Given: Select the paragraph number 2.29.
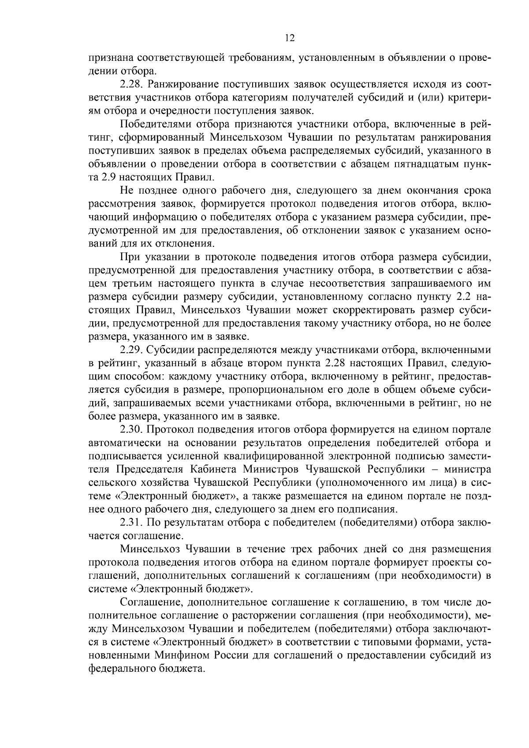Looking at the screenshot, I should tap(130, 350).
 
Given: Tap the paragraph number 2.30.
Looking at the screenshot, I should tap(130, 429).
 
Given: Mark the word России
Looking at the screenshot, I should tap(232, 655).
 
